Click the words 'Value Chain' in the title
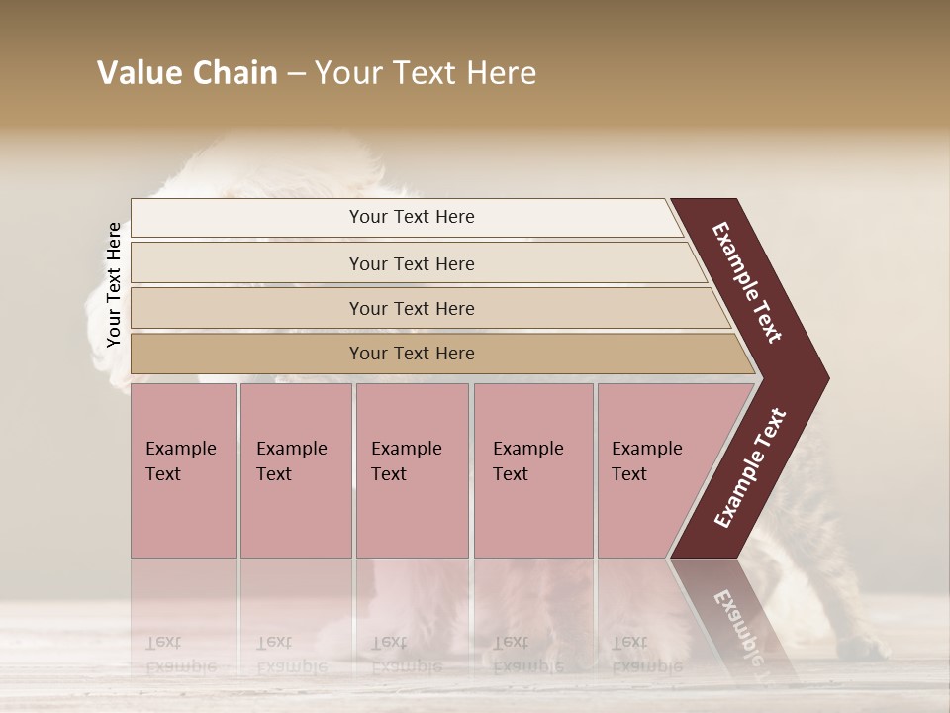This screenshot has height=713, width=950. coord(187,73)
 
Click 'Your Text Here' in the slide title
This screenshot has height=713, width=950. coord(426,73)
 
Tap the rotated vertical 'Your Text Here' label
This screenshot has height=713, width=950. coord(114,284)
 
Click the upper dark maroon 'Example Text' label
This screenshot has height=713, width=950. coord(747,282)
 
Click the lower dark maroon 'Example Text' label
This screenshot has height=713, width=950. coord(750,467)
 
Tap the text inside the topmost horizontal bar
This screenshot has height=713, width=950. coord(412,217)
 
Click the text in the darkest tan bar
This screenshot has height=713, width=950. coord(412,354)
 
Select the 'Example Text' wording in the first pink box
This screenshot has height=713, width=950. coord(180,460)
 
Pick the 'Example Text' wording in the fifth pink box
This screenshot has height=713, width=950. coord(646,460)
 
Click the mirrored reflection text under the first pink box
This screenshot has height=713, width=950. coord(180,655)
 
